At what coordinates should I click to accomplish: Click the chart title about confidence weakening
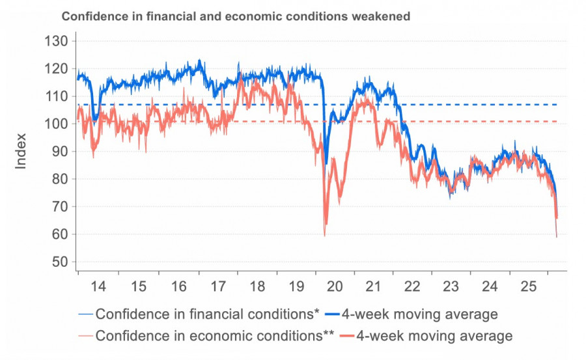(235, 16)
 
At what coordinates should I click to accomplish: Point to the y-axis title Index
(21, 151)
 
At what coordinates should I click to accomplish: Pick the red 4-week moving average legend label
(435, 336)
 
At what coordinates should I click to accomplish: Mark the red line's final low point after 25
(557, 236)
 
